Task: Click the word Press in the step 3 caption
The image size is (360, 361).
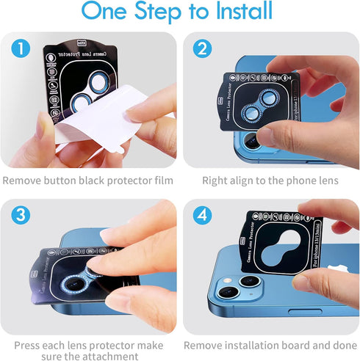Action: click(x=29, y=345)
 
